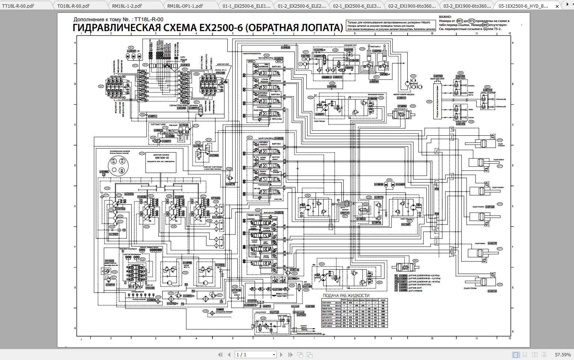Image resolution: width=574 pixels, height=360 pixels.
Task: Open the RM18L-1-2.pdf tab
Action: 127,6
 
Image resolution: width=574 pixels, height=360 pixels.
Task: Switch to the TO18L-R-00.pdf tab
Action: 73,6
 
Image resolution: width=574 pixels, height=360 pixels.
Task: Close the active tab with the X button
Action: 557,6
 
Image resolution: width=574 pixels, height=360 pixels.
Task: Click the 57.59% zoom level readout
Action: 563,355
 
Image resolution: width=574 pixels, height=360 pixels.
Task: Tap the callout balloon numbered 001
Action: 460,21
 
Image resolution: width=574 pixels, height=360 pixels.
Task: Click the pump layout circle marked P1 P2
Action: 114,161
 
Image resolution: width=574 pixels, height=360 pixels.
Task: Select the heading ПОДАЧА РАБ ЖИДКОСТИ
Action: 346,296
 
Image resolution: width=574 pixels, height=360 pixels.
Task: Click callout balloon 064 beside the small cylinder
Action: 415,261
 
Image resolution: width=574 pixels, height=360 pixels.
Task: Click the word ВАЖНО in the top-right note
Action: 445,17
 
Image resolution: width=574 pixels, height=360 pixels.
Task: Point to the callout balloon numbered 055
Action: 412,106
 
